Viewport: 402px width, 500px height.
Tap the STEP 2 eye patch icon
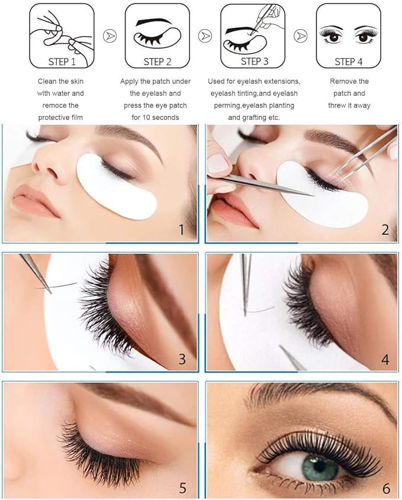[157, 36]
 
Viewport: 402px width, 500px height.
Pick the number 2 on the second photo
[385, 229]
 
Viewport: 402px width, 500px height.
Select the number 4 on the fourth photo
[385, 359]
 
